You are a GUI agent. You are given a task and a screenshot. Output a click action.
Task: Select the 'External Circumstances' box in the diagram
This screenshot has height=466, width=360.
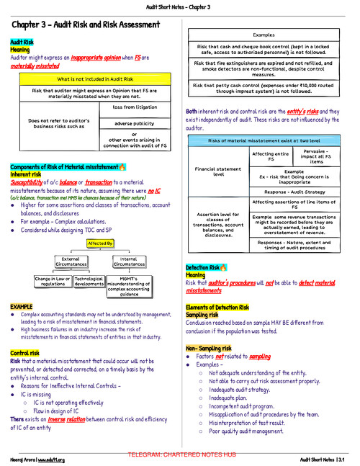point(71,261)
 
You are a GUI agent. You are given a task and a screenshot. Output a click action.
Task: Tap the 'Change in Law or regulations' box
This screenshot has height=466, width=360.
point(53,282)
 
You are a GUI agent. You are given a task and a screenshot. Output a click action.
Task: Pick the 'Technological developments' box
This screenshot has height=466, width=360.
point(89,282)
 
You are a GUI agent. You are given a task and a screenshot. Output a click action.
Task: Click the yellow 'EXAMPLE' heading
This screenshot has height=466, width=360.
point(22,307)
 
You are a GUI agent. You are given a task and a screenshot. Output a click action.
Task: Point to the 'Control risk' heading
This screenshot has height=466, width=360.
point(24,353)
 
